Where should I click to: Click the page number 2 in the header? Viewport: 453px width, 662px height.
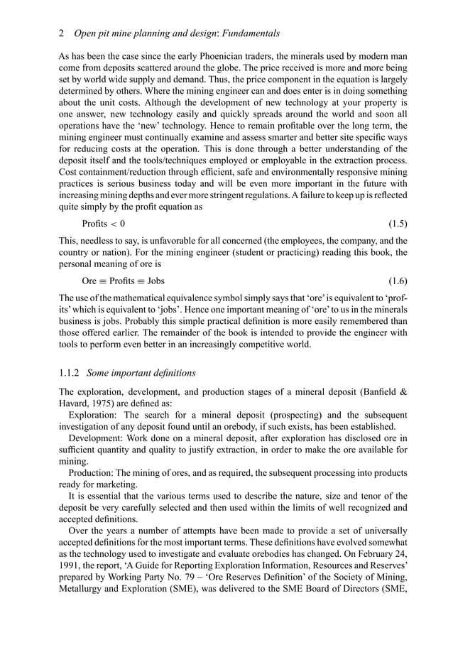click(62, 33)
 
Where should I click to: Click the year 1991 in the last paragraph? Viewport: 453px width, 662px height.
click(70, 554)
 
